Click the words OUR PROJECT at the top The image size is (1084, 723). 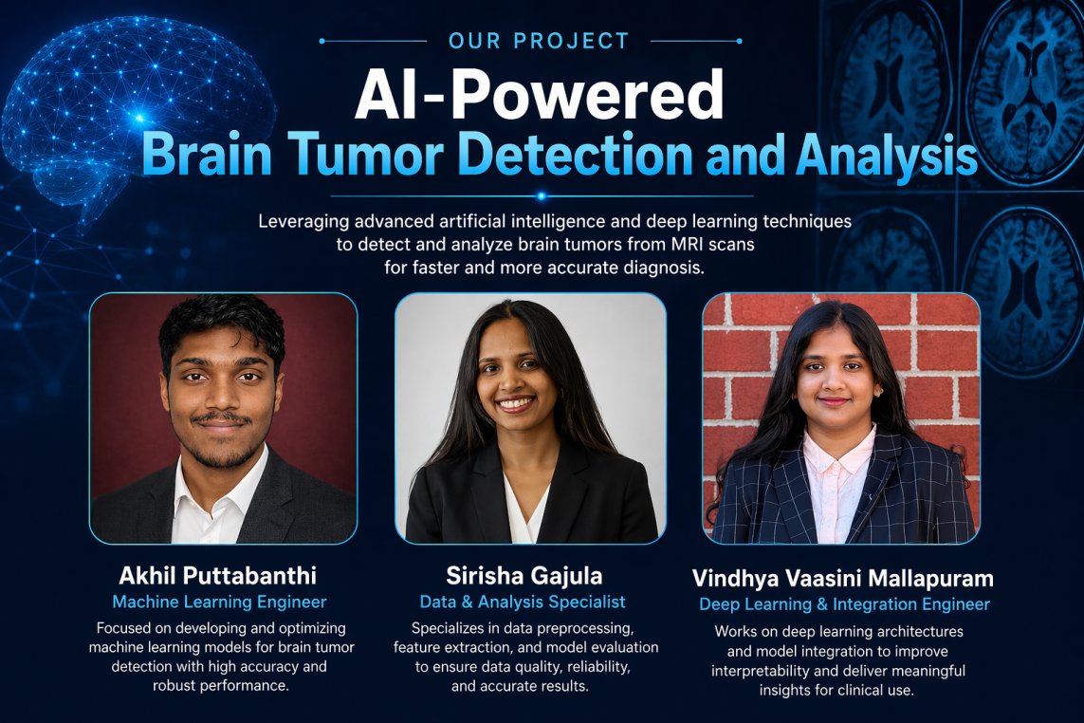click(539, 41)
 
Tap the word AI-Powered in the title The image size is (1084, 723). click(540, 95)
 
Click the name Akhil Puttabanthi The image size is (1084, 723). click(218, 576)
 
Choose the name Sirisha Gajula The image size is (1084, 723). click(524, 576)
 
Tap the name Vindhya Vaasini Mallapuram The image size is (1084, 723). click(843, 578)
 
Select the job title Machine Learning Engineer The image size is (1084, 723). click(219, 602)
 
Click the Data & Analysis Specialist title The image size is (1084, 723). click(523, 602)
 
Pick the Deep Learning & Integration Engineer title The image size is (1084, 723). click(844, 604)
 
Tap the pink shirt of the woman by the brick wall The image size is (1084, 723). click(837, 484)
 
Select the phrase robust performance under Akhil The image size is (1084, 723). click(219, 686)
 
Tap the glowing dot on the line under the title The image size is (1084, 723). click(542, 196)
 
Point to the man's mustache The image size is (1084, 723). click(221, 417)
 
